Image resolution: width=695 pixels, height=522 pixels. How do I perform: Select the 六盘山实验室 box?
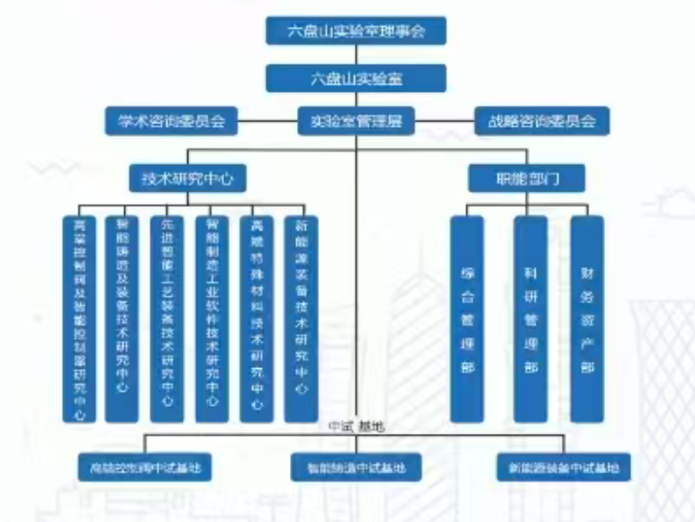tap(357, 77)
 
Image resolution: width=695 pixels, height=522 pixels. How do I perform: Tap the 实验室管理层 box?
tap(357, 120)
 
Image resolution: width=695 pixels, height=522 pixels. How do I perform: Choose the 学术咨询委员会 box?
tap(171, 120)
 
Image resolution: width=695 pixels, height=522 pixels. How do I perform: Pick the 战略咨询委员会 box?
tap(542, 120)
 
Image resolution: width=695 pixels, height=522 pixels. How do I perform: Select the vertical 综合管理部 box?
tap(467, 319)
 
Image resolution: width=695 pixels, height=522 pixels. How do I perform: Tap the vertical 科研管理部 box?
tap(529, 319)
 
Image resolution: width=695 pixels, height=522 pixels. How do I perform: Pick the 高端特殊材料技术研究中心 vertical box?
tap(257, 319)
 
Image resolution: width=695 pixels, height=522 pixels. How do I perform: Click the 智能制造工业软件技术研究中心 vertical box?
tap(212, 319)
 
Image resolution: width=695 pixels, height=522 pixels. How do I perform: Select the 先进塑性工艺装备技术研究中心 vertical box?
tap(167, 319)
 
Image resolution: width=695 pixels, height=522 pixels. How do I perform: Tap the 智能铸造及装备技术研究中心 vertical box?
tap(122, 319)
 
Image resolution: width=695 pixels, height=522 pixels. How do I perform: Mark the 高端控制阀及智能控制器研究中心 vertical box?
tap(79, 319)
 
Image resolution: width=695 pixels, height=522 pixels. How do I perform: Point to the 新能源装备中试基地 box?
tap(564, 468)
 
